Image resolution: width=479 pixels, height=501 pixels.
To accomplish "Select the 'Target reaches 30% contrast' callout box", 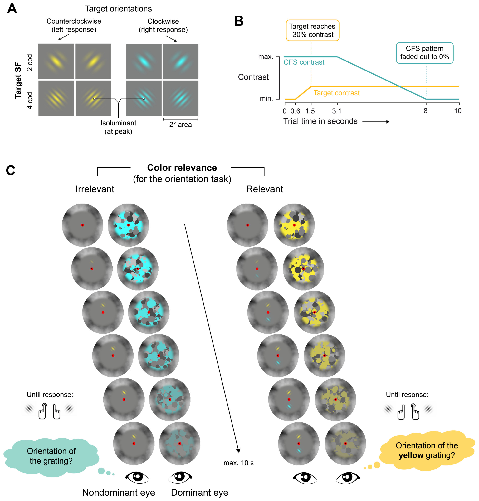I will [312, 30].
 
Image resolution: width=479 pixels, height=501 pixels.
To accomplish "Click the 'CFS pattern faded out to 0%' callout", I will [424, 53].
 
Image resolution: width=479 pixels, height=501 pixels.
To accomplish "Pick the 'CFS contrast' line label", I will [304, 62].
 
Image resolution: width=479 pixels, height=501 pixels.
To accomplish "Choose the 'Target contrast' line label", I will [336, 93].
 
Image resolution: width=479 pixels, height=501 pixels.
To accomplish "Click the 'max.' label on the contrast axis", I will [266, 57].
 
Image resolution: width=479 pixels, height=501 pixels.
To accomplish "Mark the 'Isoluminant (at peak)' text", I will [119, 127].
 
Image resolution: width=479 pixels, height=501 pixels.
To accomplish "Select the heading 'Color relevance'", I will [182, 168].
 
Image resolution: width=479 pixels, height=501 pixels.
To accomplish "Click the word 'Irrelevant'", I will [95, 189].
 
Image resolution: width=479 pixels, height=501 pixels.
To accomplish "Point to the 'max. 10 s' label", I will [238, 463].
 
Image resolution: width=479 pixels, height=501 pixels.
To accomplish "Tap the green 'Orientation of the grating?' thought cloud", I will [51, 456].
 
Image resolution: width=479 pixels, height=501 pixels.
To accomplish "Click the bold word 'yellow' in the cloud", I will [411, 455].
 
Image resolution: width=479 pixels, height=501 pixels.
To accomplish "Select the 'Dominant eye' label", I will [199, 492].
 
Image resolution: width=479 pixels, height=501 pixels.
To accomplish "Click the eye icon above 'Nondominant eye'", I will [137, 477].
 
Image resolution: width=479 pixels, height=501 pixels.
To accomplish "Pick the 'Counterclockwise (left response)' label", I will [74, 25].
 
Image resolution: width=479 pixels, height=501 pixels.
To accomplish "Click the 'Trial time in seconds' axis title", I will [320, 121].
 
